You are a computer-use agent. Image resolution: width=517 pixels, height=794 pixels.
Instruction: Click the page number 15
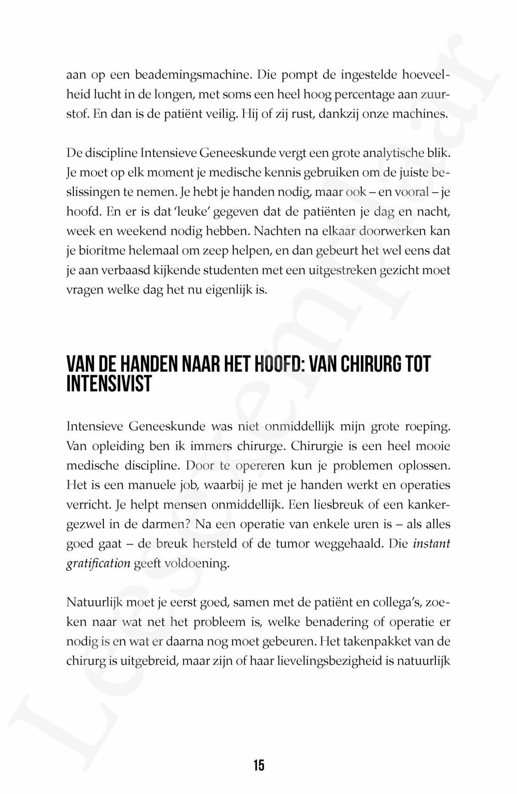coord(258,765)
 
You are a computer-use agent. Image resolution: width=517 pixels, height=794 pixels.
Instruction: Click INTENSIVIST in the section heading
coord(109,385)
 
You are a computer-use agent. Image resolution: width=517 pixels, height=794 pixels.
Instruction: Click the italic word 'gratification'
coord(98,563)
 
